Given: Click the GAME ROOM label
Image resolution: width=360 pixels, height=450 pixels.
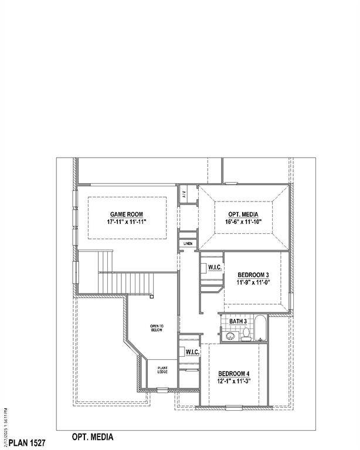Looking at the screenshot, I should (126, 214).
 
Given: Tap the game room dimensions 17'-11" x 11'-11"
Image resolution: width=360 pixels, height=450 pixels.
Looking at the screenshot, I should (126, 223).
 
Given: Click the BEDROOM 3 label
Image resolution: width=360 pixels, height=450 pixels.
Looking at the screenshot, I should (253, 275).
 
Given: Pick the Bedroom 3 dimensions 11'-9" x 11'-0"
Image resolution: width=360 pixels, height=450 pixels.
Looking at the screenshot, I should (253, 283).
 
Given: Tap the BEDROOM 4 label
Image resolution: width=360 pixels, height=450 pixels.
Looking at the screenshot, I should (234, 374).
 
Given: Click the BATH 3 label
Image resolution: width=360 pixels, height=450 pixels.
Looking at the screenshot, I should (237, 322).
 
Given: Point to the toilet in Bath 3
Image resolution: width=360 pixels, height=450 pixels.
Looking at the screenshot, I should (246, 335).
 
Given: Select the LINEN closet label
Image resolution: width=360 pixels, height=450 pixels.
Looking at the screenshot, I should (188, 244).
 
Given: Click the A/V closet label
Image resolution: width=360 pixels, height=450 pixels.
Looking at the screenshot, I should (184, 194).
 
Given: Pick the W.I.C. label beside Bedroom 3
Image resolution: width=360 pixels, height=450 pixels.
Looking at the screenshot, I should (214, 267).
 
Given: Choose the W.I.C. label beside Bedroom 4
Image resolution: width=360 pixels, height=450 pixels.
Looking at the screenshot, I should (192, 353).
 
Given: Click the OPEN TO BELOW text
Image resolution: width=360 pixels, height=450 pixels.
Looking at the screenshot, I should (156, 328).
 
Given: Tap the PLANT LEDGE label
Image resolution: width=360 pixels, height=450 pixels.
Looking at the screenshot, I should (162, 370).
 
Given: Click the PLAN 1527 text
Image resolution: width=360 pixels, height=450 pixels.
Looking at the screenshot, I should (27, 438).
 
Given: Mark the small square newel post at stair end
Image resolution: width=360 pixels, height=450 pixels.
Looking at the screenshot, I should (152, 297).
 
